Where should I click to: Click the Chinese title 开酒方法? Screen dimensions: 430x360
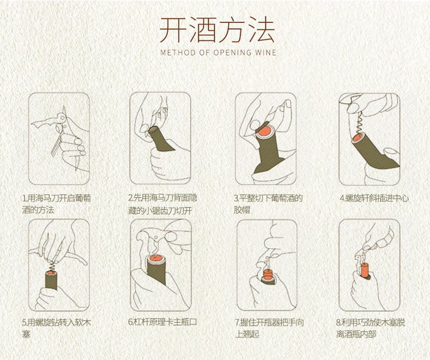[x=217, y=30]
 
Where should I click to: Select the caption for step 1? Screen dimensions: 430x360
[x=56, y=204]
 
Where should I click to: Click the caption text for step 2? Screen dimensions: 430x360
[x=163, y=204]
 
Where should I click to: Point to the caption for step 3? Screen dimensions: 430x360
[x=268, y=204]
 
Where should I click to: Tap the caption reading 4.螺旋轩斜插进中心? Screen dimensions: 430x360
[x=374, y=198]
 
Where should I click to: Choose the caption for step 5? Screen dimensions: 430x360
[x=56, y=328]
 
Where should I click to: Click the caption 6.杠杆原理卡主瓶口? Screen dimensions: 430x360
[x=163, y=322]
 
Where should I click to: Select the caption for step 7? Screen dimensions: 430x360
[x=269, y=328]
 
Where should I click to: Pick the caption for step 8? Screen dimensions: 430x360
[x=370, y=328]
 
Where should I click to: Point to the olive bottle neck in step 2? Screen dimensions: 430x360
[x=161, y=139]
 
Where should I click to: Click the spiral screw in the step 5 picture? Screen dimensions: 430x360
[x=52, y=265]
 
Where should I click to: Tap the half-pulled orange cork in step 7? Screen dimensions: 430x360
[x=267, y=273]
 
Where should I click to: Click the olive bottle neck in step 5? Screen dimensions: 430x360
[x=51, y=280]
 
